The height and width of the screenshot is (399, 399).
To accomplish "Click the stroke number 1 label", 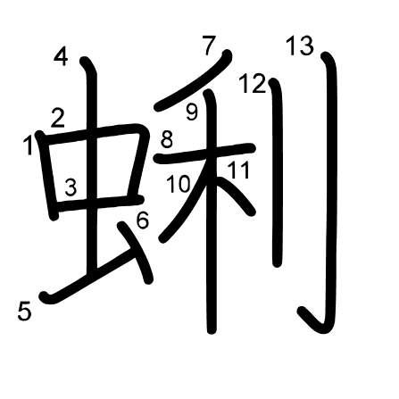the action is pyautogui.click(x=29, y=145).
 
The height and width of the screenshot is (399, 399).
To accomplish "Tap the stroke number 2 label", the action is pyautogui.click(x=58, y=118).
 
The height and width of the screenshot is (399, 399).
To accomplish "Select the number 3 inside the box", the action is pyautogui.click(x=71, y=187).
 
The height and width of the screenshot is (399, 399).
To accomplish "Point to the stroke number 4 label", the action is pyautogui.click(x=61, y=56).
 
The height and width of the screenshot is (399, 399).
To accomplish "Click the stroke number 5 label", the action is pyautogui.click(x=24, y=311).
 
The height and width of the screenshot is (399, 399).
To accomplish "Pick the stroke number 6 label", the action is pyautogui.click(x=143, y=220).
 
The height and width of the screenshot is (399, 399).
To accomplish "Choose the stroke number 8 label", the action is pyautogui.click(x=167, y=139).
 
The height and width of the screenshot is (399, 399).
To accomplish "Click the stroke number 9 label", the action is pyautogui.click(x=192, y=112).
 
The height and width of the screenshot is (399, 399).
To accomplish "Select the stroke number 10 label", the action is pyautogui.click(x=178, y=184).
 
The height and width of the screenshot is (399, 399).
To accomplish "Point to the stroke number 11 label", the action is pyautogui.click(x=238, y=170).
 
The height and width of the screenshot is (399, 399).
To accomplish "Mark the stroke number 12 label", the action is pyautogui.click(x=253, y=83).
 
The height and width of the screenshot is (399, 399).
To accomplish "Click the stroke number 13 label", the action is pyautogui.click(x=300, y=46).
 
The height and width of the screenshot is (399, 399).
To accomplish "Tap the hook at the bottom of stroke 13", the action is pyautogui.click(x=315, y=323).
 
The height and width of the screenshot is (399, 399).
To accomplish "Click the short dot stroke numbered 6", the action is pyautogui.click(x=136, y=253).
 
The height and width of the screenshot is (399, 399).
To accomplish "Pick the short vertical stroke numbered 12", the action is pyautogui.click(x=278, y=172).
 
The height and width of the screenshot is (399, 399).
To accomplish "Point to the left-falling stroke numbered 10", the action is pyautogui.click(x=186, y=203).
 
